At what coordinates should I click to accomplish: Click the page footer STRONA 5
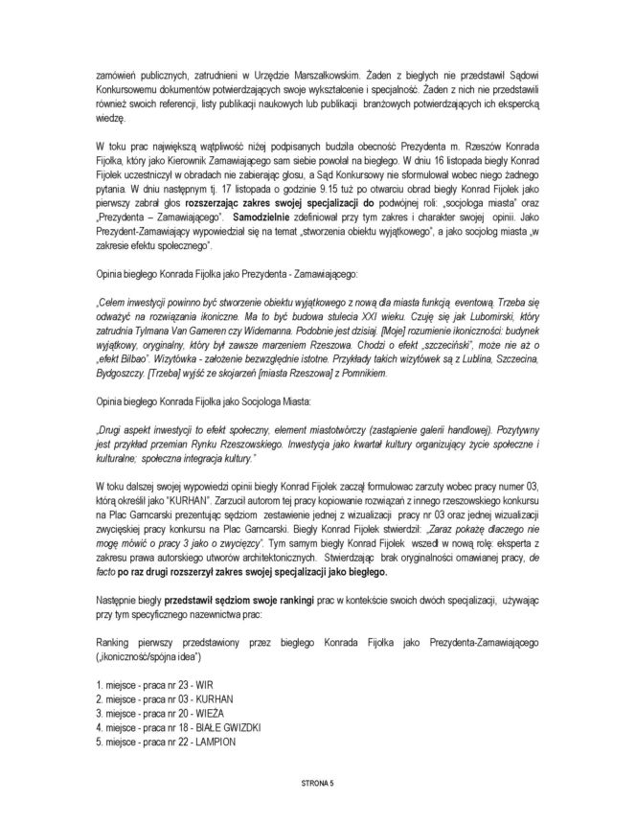tap(318, 783)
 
